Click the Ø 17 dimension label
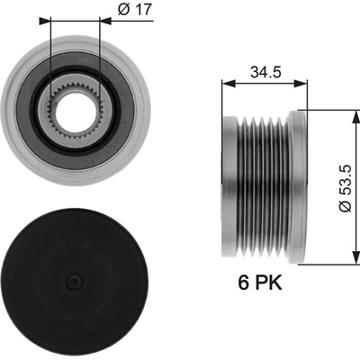click(135, 10)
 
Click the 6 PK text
click(260, 283)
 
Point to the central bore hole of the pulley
click(76, 111)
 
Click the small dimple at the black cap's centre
click(74, 281)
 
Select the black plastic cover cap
click(75, 283)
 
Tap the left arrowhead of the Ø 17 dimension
click(45, 21)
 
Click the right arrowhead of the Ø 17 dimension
click(105, 21)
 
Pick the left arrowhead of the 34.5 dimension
click(228, 84)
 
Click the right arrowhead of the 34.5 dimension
click(301, 84)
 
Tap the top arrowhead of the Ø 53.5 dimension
click(356, 116)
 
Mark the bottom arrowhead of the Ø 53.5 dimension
click(356, 258)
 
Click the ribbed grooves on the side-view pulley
click(261, 186)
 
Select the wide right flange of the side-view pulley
click(298, 186)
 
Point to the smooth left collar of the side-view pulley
click(229, 186)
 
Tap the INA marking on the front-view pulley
click(84, 59)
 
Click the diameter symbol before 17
click(124, 10)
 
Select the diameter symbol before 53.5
click(346, 206)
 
